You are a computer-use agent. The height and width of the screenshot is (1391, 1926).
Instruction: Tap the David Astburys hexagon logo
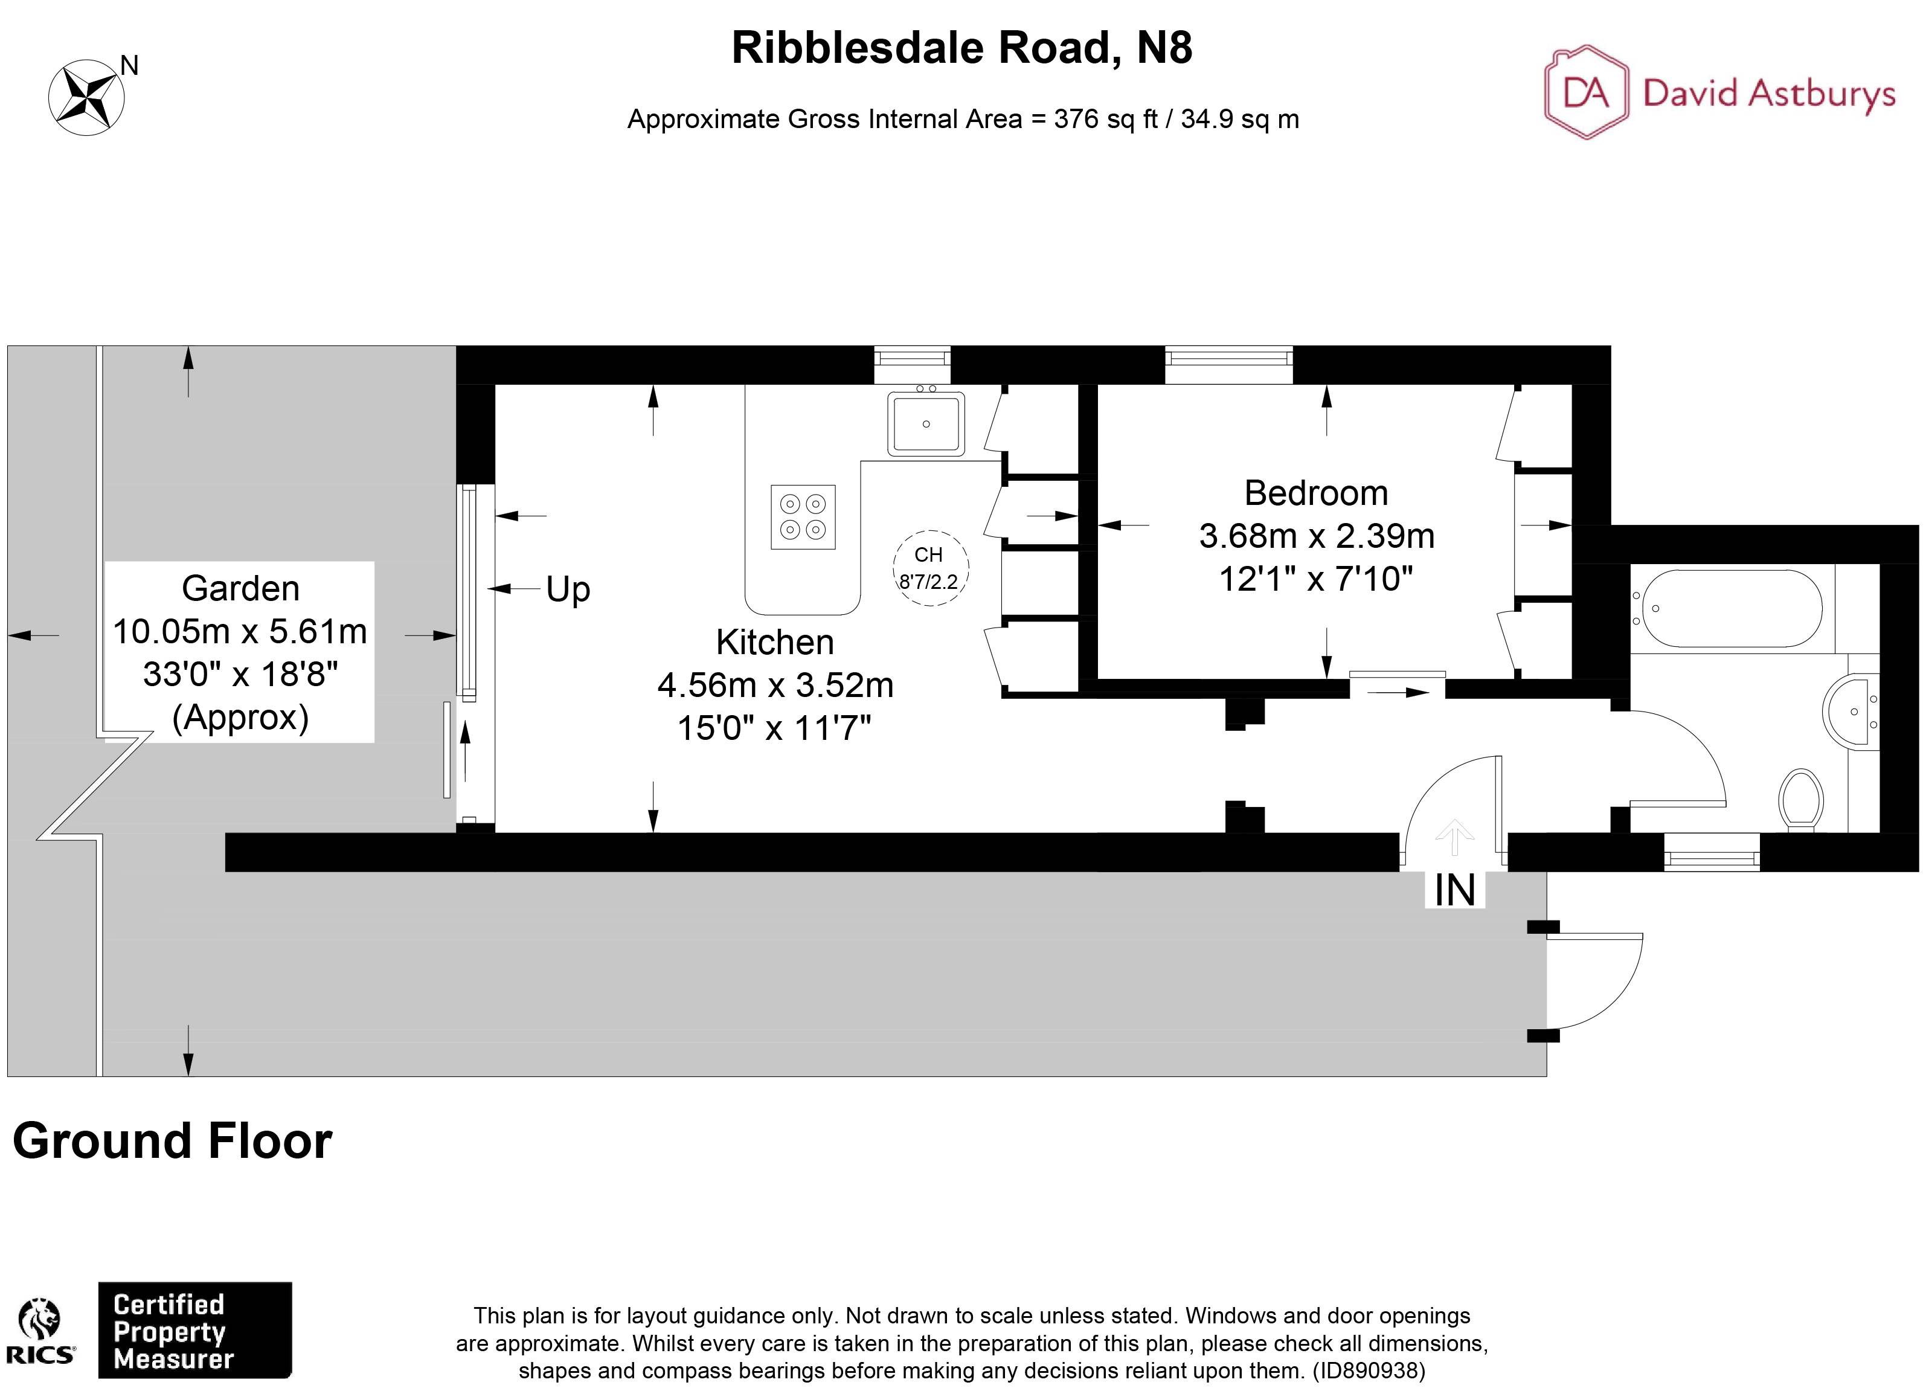[1585, 92]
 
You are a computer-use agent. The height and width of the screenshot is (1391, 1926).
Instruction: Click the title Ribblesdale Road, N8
[961, 48]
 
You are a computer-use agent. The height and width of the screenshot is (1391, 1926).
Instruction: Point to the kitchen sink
[926, 424]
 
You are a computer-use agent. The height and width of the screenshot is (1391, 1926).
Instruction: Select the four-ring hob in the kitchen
[803, 517]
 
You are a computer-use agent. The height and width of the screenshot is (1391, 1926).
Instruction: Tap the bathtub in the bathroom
[1731, 608]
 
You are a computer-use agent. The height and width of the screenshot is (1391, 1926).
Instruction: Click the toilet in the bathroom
[1799, 798]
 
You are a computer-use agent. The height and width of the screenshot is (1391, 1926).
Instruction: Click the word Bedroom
[1315, 492]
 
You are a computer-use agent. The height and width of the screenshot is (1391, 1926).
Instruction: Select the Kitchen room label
[774, 642]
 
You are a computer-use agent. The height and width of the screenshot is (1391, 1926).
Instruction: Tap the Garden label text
[240, 588]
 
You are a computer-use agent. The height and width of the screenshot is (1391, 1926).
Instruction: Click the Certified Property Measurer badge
[194, 1330]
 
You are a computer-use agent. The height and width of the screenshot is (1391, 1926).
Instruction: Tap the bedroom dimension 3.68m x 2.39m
[1316, 536]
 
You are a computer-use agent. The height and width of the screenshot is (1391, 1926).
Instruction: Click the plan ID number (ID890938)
[1368, 1370]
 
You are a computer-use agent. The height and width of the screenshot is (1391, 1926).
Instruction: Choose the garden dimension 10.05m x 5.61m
[240, 631]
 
